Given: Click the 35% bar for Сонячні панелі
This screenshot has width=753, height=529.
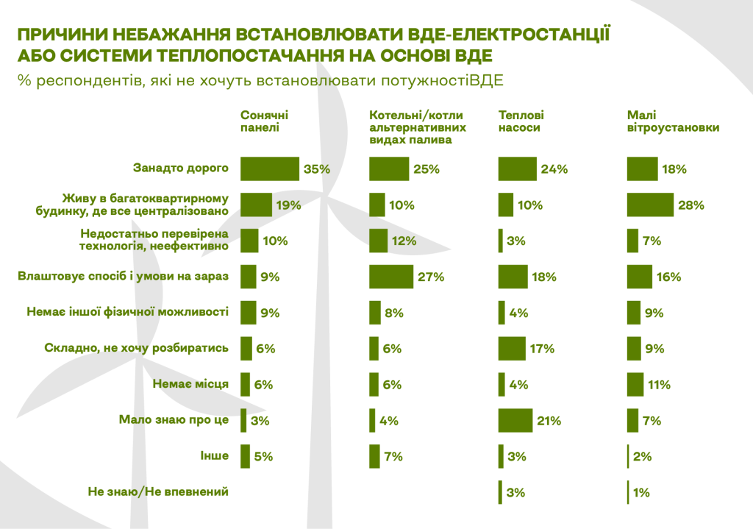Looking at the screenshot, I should pyautogui.click(x=270, y=168).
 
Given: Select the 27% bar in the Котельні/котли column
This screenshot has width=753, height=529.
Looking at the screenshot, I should pyautogui.click(x=391, y=277).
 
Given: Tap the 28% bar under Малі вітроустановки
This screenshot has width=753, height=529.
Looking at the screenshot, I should pyautogui.click(x=650, y=205).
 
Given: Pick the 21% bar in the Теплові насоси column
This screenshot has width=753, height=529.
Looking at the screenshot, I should pyautogui.click(x=515, y=420).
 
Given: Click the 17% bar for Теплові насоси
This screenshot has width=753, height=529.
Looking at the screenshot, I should pyautogui.click(x=511, y=348).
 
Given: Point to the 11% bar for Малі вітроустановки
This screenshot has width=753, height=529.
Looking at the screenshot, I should pyautogui.click(x=635, y=384).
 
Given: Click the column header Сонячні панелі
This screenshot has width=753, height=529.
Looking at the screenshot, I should pyautogui.click(x=265, y=121).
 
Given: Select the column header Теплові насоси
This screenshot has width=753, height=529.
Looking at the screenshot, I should pyautogui.click(x=521, y=121).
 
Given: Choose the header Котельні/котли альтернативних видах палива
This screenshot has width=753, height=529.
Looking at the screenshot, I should pyautogui.click(x=416, y=127).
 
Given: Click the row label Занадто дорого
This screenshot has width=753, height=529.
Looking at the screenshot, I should pyautogui.click(x=181, y=168).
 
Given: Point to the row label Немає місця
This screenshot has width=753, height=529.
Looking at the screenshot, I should pyautogui.click(x=190, y=383).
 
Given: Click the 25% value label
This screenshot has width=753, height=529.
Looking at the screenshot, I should pyautogui.click(x=427, y=168).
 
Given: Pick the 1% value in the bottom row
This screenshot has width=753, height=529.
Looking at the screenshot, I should pyautogui.click(x=640, y=492).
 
